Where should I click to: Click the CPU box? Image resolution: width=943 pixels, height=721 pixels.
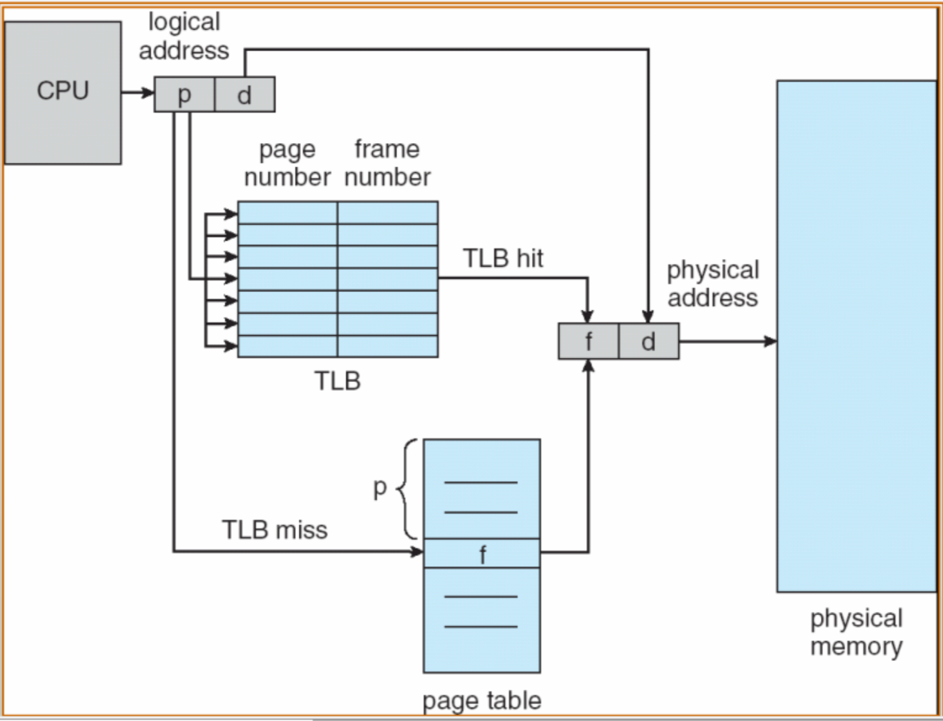(x=63, y=93)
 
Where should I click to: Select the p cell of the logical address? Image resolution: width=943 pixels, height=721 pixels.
(x=184, y=94)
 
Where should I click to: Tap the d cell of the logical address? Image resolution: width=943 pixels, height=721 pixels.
(x=245, y=94)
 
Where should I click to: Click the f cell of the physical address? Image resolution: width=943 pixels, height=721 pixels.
(x=589, y=341)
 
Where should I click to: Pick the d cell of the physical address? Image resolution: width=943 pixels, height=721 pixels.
(x=649, y=341)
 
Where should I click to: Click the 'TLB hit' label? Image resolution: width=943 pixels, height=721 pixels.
(x=503, y=258)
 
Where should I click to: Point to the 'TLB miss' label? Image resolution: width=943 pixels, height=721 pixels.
(x=275, y=530)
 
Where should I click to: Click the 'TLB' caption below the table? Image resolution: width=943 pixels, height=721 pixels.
(x=338, y=381)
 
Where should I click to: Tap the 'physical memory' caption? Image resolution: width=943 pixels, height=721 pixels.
(x=856, y=632)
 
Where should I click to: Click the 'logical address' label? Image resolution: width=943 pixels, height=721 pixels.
(x=184, y=36)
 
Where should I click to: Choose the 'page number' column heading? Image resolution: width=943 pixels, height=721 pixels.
(x=288, y=163)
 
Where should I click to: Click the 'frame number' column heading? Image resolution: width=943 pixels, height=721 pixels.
(x=387, y=163)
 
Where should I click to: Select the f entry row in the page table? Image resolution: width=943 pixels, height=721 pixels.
(x=482, y=553)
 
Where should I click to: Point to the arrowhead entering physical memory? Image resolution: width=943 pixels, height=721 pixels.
(x=771, y=341)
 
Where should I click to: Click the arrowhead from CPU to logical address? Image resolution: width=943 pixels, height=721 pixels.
(x=148, y=93)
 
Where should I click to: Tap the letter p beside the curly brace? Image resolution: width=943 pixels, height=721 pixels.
(x=380, y=488)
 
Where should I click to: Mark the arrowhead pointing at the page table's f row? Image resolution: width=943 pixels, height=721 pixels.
(x=417, y=551)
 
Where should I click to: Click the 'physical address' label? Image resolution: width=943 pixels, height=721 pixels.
(x=713, y=284)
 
